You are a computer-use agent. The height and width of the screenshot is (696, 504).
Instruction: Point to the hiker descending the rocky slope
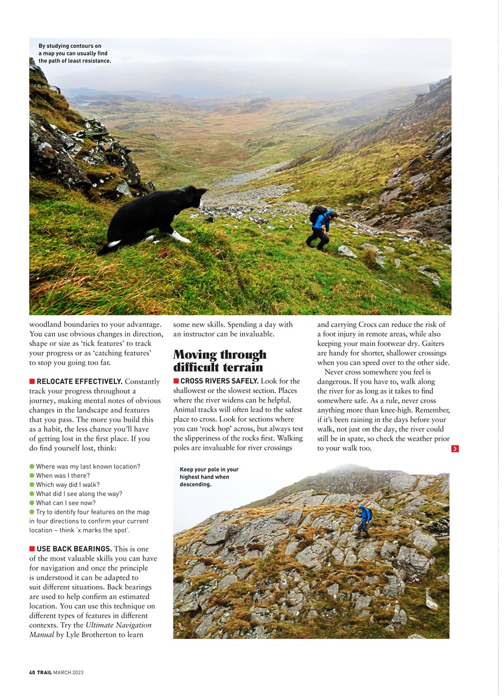click(364, 521)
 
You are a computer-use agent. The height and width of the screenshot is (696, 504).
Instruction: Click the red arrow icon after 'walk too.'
click(455, 449)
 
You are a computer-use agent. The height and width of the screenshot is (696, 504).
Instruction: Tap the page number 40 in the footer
click(32, 673)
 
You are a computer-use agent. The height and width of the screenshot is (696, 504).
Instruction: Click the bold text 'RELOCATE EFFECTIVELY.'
click(79, 382)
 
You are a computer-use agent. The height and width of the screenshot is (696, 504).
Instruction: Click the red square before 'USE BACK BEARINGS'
click(32, 549)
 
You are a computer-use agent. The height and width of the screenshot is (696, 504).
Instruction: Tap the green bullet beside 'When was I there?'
click(32, 476)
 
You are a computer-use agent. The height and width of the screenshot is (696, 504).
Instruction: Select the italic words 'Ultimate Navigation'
click(119, 625)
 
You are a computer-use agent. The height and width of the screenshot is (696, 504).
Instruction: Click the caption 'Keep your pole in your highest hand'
click(209, 477)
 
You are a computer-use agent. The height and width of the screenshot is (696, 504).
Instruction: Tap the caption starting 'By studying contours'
click(74, 53)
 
